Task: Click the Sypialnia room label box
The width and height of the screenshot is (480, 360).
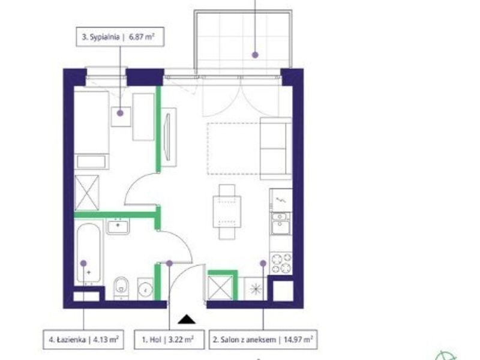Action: point(120,37)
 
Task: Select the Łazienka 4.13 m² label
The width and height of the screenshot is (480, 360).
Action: point(83,340)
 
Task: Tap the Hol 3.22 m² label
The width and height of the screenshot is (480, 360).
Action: point(169,340)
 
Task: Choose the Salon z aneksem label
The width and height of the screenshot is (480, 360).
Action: point(263,340)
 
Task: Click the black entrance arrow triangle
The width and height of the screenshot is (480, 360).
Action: point(187,320)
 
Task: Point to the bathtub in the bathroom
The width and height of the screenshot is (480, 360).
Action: point(88,253)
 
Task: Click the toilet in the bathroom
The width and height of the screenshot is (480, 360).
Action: point(122,288)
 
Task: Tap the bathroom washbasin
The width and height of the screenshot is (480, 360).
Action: point(118,226)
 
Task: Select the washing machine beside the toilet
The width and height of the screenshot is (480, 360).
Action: point(145,289)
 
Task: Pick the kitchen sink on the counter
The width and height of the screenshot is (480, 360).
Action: point(281,223)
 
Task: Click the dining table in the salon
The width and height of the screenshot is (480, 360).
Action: point(227,212)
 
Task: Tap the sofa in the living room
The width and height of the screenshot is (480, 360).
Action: point(275,148)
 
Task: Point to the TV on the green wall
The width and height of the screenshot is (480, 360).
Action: point(167,137)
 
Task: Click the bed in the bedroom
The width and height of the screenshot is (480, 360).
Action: point(92,130)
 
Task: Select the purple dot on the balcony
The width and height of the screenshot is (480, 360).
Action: point(255,55)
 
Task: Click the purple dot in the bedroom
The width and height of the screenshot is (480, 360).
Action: point(121,113)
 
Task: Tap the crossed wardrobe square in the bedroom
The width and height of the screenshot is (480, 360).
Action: point(87,193)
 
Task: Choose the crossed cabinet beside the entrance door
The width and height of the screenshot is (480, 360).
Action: point(220,288)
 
